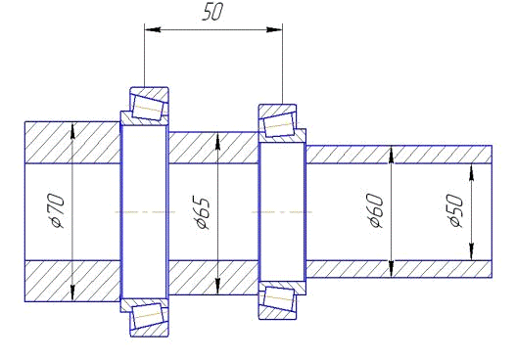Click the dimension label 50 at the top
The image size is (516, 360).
(x=212, y=12)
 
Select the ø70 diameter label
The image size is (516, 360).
(x=55, y=211)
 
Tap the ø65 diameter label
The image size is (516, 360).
(x=201, y=212)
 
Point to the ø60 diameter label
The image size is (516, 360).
(x=375, y=211)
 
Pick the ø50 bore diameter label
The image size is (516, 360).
(x=455, y=210)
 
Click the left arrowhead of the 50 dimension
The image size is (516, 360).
(x=153, y=29)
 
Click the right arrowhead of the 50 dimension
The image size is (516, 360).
(x=274, y=29)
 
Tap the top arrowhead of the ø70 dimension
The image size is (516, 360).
(x=72, y=130)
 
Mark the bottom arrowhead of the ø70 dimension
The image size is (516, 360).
(x=72, y=293)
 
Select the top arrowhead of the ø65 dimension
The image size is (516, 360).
(x=217, y=141)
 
